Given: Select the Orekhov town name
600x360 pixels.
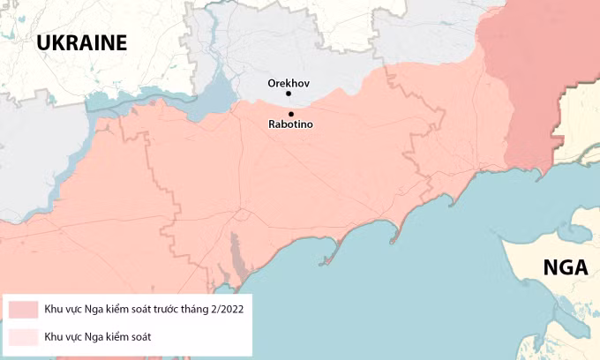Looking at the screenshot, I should pos(289,83).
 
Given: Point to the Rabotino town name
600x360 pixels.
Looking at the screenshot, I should pos(290,124).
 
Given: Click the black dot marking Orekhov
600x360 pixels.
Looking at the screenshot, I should pos(289,93).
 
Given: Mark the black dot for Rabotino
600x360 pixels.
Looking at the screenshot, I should pos(290,113).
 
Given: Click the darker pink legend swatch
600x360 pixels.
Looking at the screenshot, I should pos(24,309).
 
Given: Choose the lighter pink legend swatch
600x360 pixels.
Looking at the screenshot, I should pos(24,336).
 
